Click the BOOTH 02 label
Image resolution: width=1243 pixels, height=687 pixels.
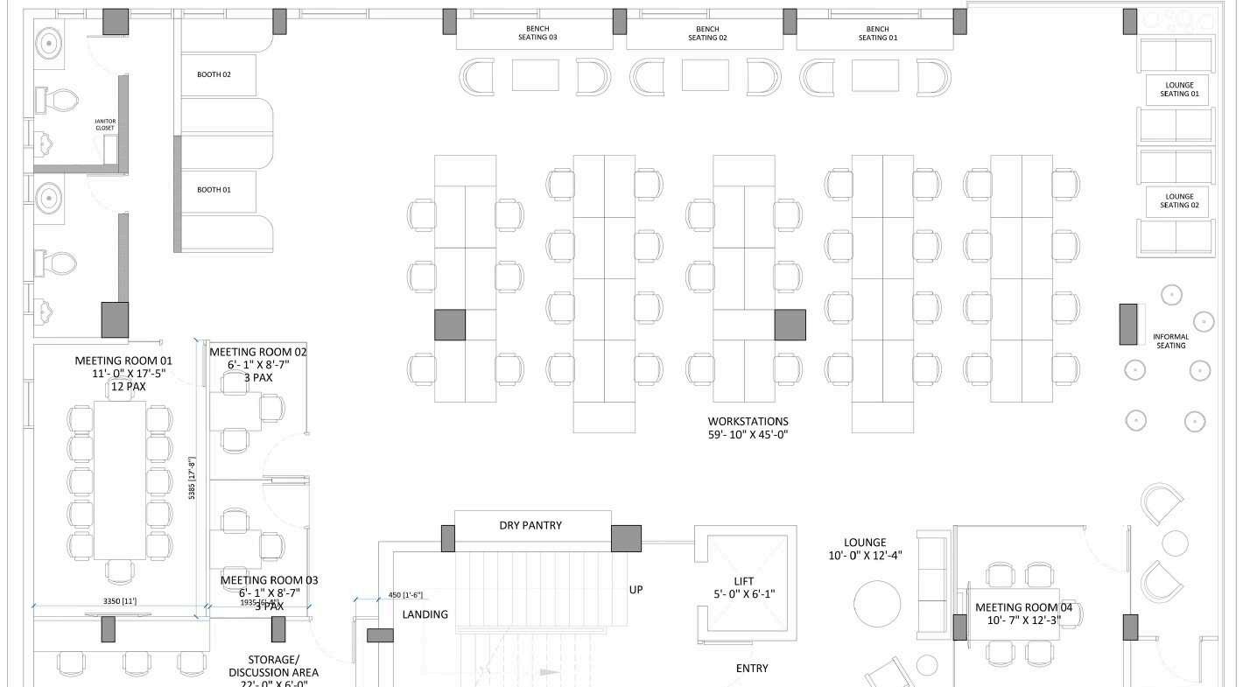[x=214, y=74]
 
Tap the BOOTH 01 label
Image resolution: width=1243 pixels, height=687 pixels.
[x=214, y=190]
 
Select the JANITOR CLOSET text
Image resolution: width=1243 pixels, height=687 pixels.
[x=105, y=125]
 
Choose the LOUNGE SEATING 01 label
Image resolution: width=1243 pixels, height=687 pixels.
[x=1179, y=89]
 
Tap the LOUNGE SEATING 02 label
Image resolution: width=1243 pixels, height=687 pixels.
[x=1179, y=201]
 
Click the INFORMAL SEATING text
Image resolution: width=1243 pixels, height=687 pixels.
[x=1170, y=341]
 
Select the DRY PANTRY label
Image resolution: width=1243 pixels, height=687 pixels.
[x=530, y=525]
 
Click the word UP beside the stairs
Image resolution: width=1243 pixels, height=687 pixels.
[x=636, y=590]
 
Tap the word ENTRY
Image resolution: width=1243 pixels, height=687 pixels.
[x=752, y=669]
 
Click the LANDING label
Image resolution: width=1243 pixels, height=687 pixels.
[x=425, y=614]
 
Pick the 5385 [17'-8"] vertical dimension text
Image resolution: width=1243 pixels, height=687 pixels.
[x=193, y=477]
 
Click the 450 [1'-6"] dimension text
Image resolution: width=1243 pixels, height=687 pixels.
[x=404, y=596]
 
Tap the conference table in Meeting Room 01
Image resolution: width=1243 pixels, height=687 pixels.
[x=119, y=480]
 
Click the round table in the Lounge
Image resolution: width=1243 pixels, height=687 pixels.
[x=877, y=604]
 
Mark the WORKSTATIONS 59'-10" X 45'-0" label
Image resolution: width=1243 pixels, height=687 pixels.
[x=748, y=428]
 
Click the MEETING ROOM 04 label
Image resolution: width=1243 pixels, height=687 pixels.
[x=1023, y=613]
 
